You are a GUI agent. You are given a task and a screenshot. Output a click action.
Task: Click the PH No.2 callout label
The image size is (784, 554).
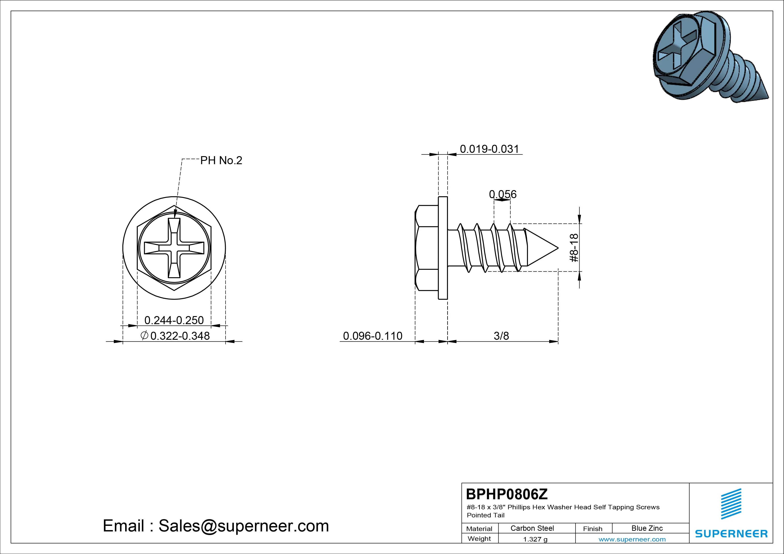(221, 160)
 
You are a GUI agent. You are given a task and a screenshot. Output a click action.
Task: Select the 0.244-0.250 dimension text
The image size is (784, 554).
(174, 320)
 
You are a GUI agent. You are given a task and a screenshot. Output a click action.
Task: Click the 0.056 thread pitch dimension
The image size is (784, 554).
(503, 194)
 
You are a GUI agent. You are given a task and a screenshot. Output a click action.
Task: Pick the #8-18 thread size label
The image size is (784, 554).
(574, 248)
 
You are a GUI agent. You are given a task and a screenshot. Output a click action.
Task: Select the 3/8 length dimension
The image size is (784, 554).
(501, 336)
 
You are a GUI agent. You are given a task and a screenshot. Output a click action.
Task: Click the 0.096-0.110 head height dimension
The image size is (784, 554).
(373, 336)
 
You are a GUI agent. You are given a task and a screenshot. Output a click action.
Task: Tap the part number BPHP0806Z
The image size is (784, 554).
(507, 494)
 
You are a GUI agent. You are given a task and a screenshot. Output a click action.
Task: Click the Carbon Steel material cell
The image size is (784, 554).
(532, 528)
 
